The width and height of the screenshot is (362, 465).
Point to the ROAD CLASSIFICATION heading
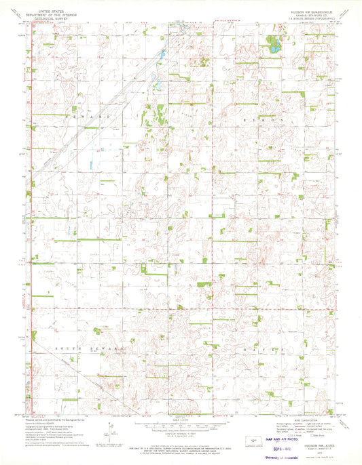tap(300, 420)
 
